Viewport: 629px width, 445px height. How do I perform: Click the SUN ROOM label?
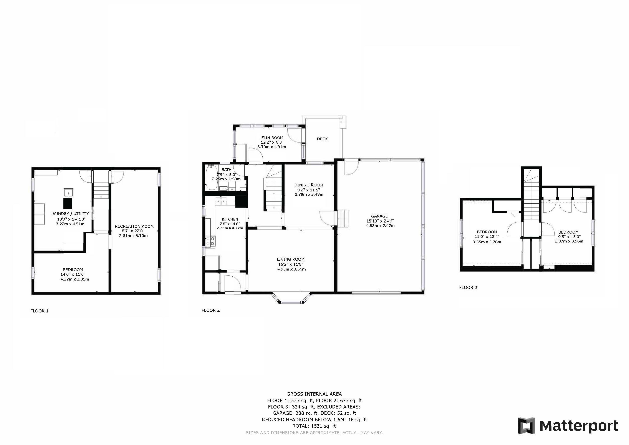coord(272,138)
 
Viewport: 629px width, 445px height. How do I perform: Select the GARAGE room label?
coord(379,216)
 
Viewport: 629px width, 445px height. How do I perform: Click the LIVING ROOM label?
coord(290,259)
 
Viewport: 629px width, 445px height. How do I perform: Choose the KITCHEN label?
coord(230,219)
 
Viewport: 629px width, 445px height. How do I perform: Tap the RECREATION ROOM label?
coord(134,226)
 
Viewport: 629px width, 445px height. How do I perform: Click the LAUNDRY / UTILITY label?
coord(70,214)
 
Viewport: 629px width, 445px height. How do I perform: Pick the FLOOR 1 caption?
coord(40,311)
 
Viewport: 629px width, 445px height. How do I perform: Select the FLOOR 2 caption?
coord(211,311)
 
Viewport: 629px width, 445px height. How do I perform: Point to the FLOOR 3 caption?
coord(468,287)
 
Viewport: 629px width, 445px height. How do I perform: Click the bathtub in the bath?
coord(212,177)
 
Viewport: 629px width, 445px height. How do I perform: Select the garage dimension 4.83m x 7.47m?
coord(380,226)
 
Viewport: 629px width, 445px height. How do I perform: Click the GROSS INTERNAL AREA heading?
coord(314,394)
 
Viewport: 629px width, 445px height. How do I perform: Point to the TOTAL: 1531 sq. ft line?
coord(314,426)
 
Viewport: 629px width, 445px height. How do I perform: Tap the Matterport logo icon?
coord(526,425)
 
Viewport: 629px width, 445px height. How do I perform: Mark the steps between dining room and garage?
coord(343,219)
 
